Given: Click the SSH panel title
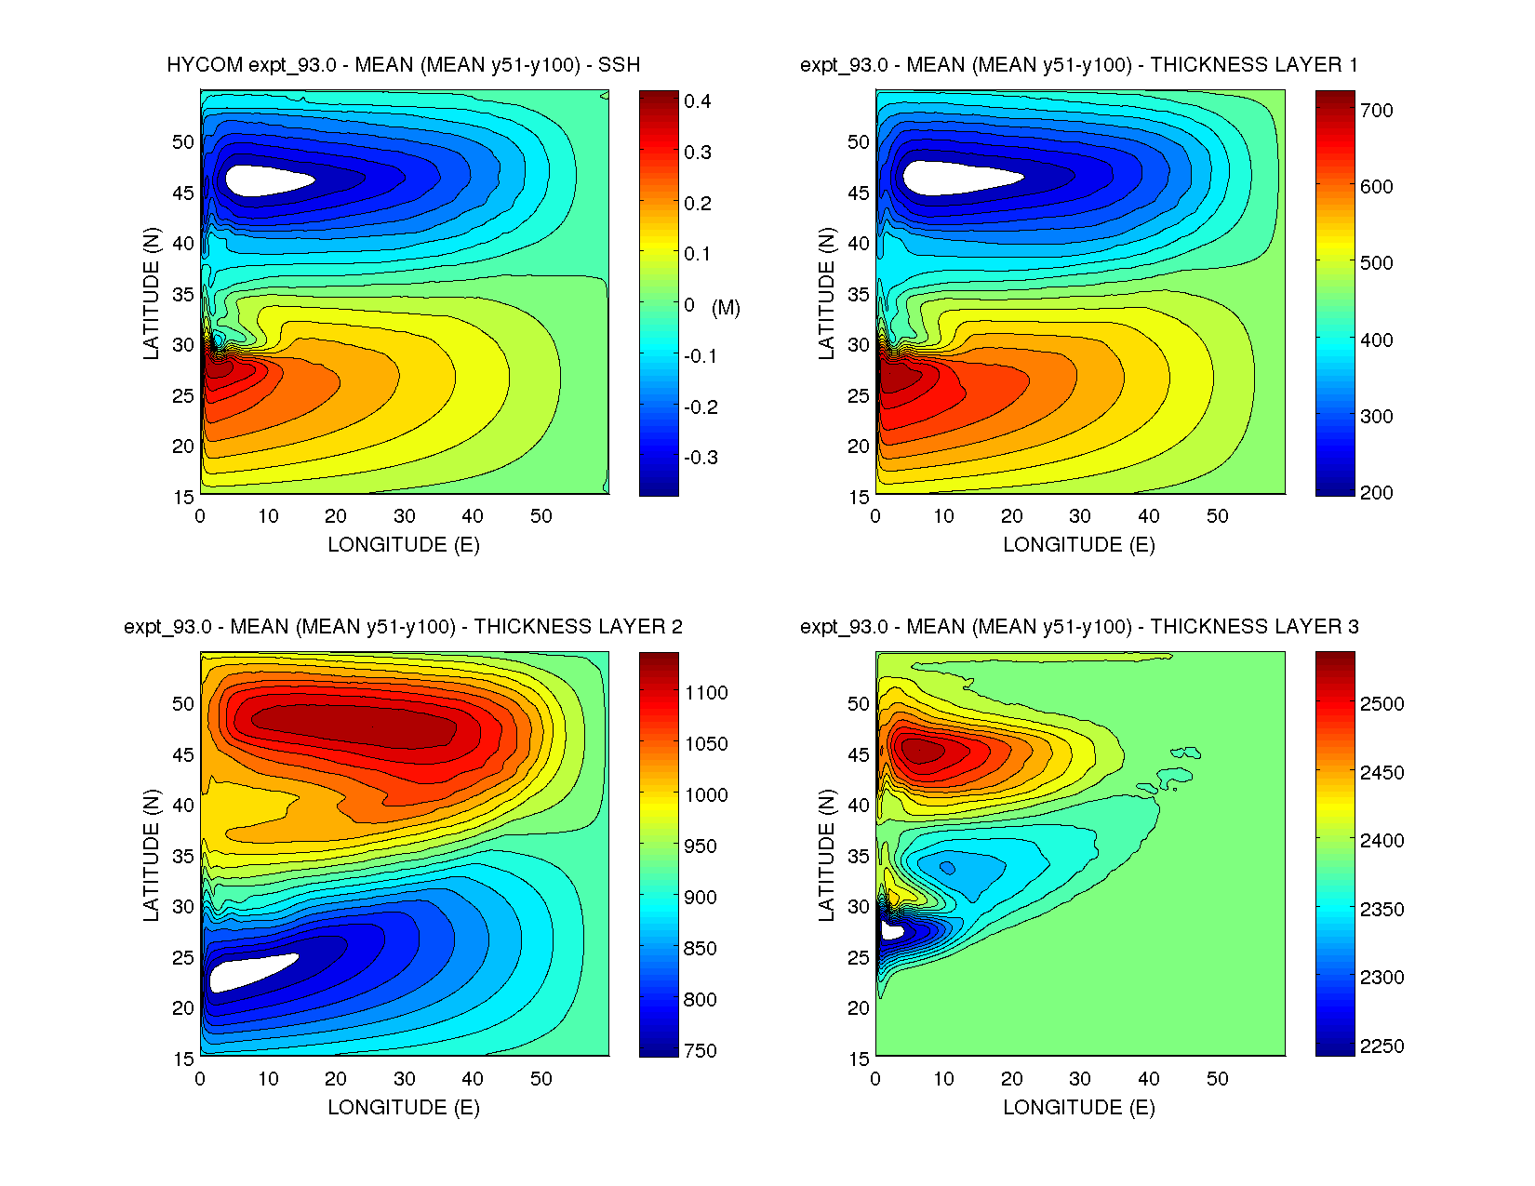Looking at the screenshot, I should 403,65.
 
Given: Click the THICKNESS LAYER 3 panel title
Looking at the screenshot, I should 1079,627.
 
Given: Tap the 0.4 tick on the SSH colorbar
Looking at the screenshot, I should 697,101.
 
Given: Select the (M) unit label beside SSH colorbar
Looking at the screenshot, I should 726,308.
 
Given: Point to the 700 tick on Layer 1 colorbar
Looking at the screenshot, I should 1376,111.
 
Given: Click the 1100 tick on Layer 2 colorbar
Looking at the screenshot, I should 706,693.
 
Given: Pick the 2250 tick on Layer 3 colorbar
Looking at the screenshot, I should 1381,1046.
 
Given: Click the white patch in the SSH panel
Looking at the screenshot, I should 265,180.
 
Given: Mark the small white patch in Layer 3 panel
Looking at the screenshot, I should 891,930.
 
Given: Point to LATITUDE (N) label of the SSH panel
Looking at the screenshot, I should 151,293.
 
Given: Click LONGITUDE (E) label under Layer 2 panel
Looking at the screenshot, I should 403,1107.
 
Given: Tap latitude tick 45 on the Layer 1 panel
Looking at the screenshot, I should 858,193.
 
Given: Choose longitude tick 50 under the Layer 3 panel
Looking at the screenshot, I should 1217,1079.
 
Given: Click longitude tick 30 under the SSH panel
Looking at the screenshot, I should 404,516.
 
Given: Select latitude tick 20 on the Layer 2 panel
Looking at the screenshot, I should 183,1008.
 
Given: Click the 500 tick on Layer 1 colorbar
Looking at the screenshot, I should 1376,263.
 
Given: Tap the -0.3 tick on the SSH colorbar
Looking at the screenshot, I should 701,458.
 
